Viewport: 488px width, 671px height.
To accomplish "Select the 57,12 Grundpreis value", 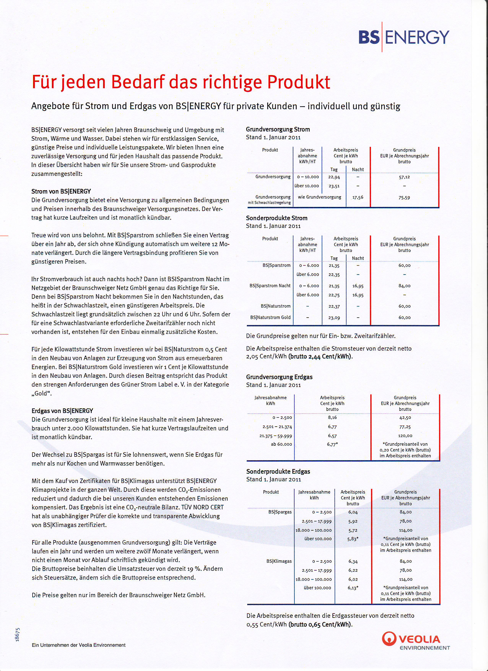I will coord(404,177).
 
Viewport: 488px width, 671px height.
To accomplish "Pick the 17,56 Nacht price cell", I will coord(358,197).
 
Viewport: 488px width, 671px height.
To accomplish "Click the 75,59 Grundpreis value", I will coord(404,198).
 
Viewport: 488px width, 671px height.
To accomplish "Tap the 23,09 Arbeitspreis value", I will coord(334,318).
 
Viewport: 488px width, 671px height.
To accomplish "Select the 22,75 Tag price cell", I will coord(334,295).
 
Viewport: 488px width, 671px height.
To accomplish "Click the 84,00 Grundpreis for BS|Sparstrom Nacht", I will coord(404,286).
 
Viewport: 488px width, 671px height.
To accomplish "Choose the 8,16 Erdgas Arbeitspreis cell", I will coord(332,417).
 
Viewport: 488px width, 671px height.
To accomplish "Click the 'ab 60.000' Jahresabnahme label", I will coord(281,444).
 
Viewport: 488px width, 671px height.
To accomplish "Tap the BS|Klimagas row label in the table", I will coord(279,561).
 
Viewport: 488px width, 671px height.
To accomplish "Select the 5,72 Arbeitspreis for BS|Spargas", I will coord(353,530).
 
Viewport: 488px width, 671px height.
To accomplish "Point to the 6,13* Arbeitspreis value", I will coord(353,588).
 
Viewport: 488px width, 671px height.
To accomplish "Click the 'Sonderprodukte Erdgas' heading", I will coord(278,471).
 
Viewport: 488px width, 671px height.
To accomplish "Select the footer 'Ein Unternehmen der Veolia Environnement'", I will coord(79,645).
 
